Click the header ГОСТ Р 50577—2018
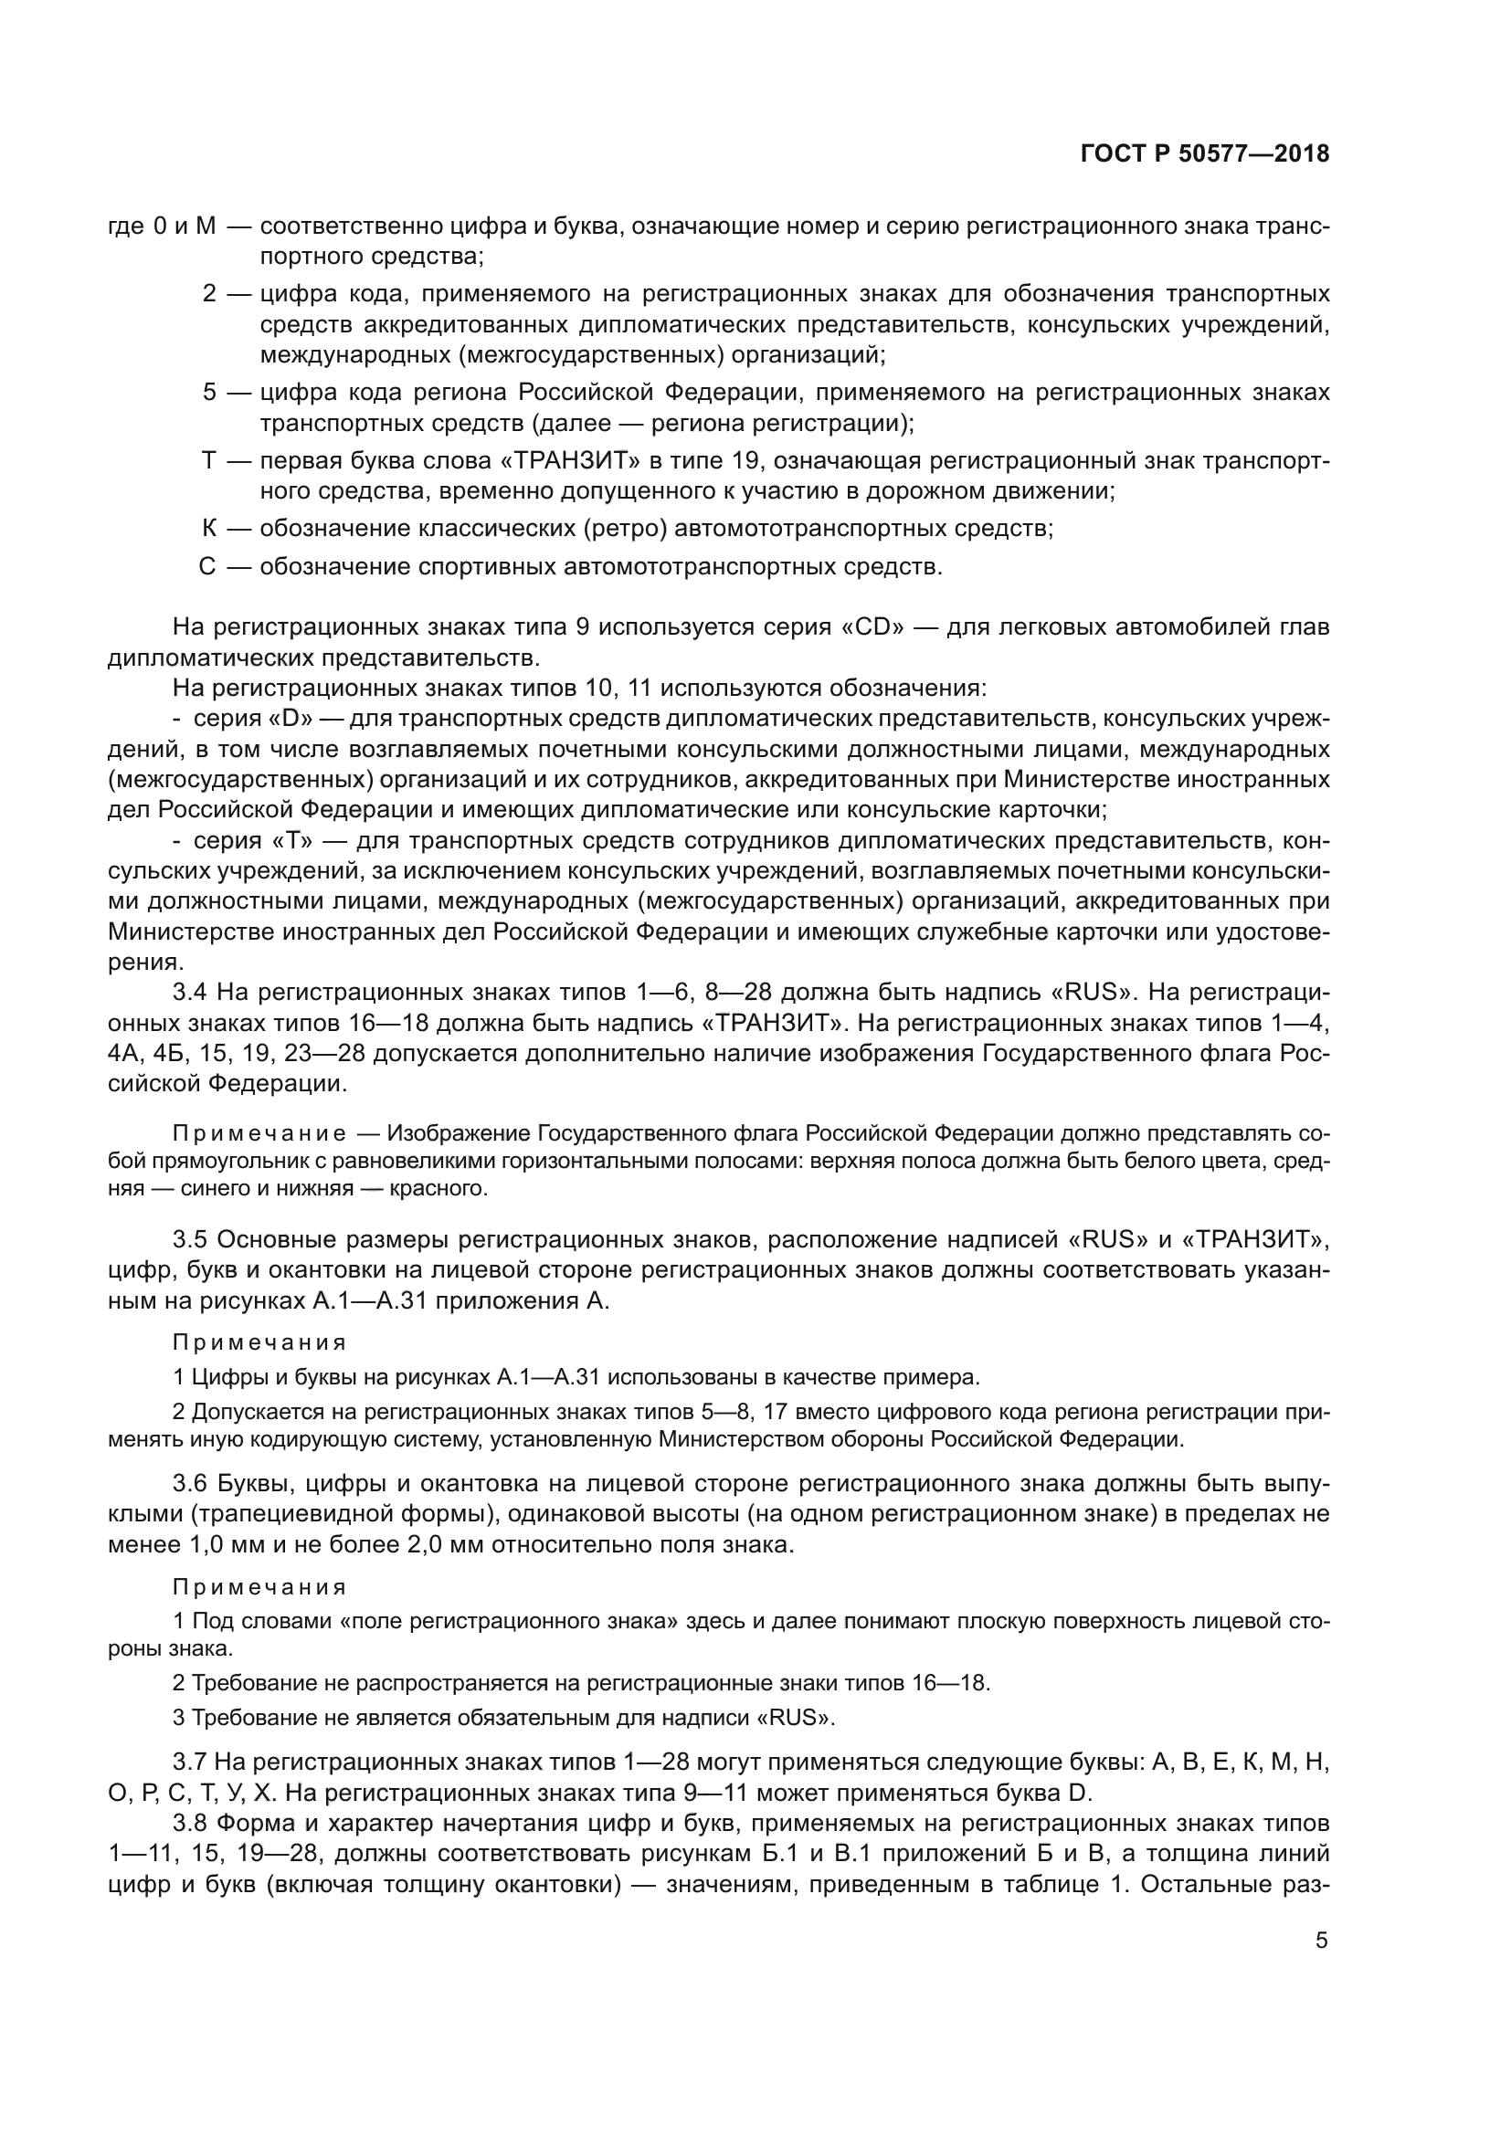coord(1204,154)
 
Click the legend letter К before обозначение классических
coord(209,529)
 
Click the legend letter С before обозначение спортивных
coord(207,566)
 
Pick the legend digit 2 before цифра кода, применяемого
coord(209,294)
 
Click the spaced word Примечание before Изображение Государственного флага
coord(259,1133)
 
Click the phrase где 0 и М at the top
coord(162,226)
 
